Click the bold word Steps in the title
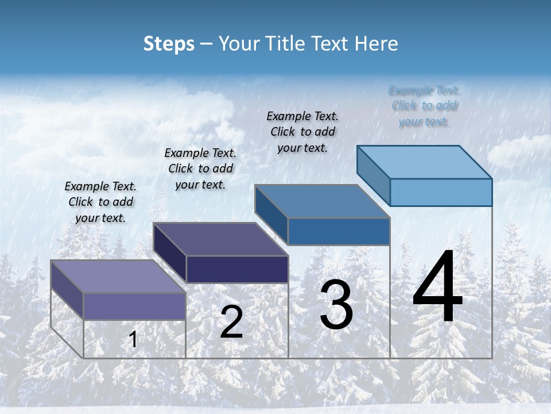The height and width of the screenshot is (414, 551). coord(169,44)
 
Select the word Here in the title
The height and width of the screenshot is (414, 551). coord(376,44)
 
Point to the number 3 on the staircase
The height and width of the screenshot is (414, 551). coord(336,305)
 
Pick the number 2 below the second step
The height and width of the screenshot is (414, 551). coord(231,322)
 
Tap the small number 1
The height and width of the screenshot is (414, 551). coord(133,339)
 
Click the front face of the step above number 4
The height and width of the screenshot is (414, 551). coord(441,192)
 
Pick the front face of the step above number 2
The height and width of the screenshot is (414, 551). coord(237,269)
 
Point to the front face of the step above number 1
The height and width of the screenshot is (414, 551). coord(135,306)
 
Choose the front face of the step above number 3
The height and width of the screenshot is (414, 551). coord(339,231)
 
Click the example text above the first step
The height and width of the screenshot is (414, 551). coord(100,202)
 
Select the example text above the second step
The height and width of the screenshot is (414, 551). coord(200,168)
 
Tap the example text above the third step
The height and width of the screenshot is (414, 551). coord(302,132)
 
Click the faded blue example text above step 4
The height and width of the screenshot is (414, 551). coord(424,106)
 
